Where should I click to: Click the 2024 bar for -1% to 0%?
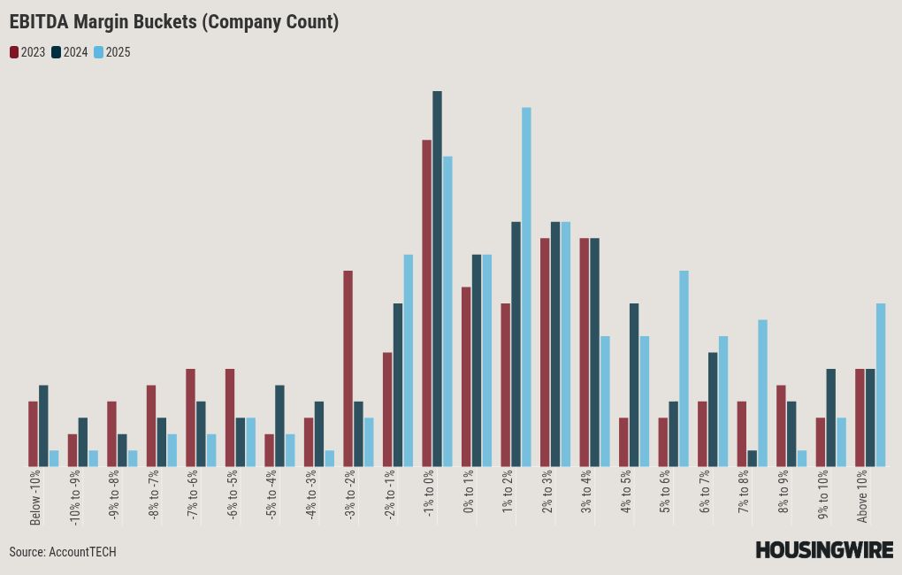click(x=437, y=279)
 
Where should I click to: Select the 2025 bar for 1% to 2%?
click(x=526, y=287)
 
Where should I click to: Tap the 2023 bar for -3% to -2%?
click(x=348, y=368)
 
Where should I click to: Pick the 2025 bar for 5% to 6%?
click(x=684, y=368)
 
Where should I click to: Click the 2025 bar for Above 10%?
click(x=881, y=385)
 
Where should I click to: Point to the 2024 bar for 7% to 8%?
click(x=752, y=458)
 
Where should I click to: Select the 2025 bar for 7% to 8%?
click(x=762, y=393)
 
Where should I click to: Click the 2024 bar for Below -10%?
click(x=43, y=425)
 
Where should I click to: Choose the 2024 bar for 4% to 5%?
click(x=634, y=385)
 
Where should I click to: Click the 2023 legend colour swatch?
click(x=14, y=52)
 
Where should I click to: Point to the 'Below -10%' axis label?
click(x=35, y=497)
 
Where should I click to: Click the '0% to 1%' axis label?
click(x=469, y=492)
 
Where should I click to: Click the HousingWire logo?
click(x=823, y=550)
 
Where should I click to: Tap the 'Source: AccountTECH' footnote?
click(x=63, y=552)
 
